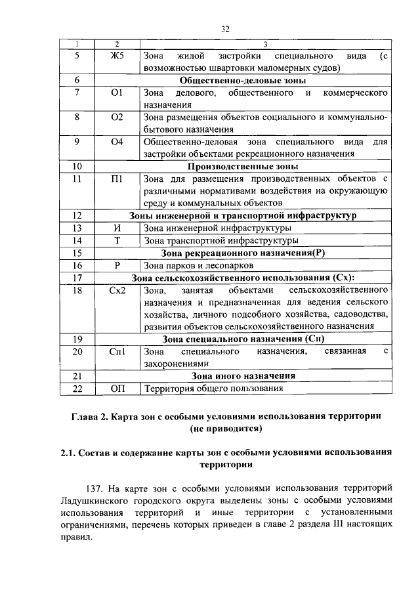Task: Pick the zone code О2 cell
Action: pyautogui.click(x=117, y=117)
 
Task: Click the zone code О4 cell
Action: pyautogui.click(x=117, y=141)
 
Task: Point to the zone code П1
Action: pyautogui.click(x=117, y=179)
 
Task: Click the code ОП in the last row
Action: pyautogui.click(x=117, y=389)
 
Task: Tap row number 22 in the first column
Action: pyautogui.click(x=77, y=389)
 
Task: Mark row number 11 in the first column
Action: pyautogui.click(x=77, y=179)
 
